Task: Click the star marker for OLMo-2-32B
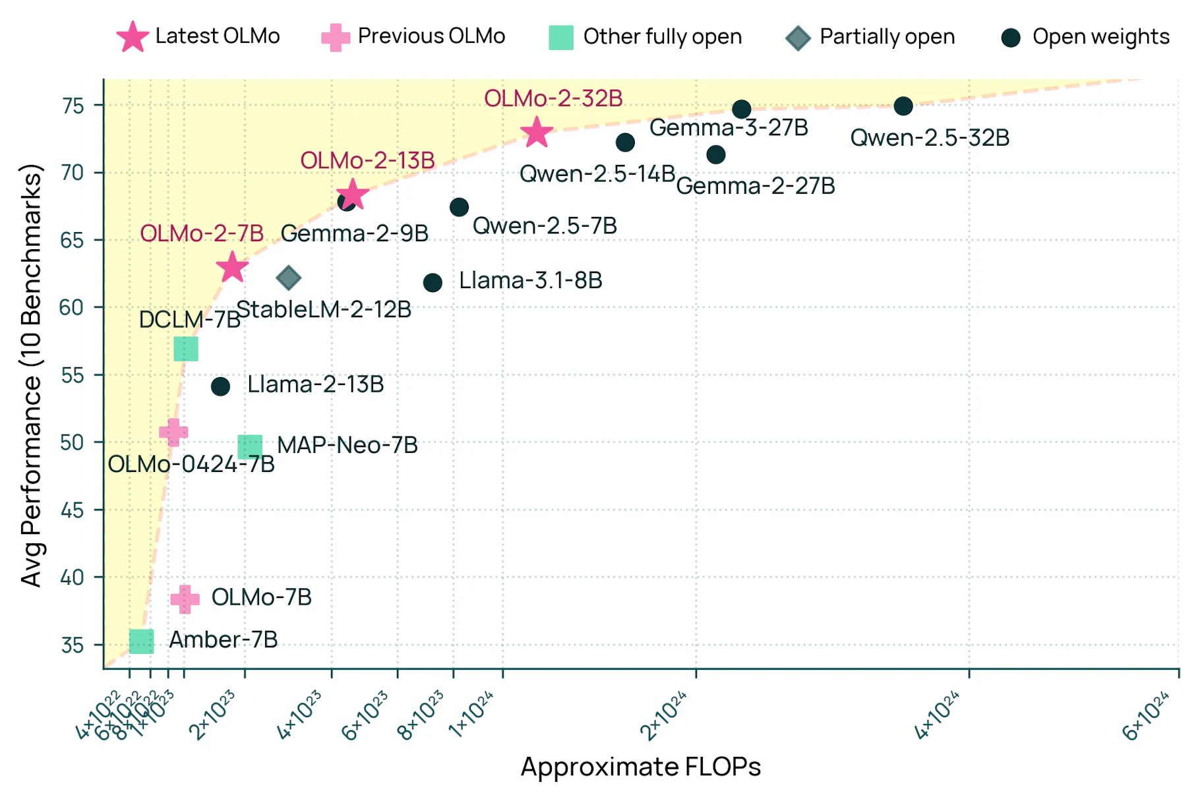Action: coord(537,133)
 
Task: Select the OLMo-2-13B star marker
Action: coord(353,194)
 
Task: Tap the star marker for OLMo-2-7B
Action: coord(232,267)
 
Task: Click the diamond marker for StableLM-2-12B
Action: coord(289,278)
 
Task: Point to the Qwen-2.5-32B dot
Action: coord(903,105)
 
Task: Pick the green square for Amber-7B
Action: coord(142,641)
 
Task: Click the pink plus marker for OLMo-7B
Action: coord(185,599)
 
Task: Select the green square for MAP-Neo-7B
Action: coord(250,446)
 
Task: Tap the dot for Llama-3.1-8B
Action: coord(433,283)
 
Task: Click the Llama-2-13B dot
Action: coord(220,386)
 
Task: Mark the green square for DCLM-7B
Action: coord(186,349)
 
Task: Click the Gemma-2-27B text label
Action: coord(756,186)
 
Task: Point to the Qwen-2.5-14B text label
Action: coord(597,174)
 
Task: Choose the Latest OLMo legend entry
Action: coord(198,36)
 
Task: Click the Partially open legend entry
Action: coord(870,37)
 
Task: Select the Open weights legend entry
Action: coord(1085,37)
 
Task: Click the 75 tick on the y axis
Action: coord(73,105)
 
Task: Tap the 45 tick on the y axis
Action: coord(73,510)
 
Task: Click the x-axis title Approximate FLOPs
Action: coord(641,767)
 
